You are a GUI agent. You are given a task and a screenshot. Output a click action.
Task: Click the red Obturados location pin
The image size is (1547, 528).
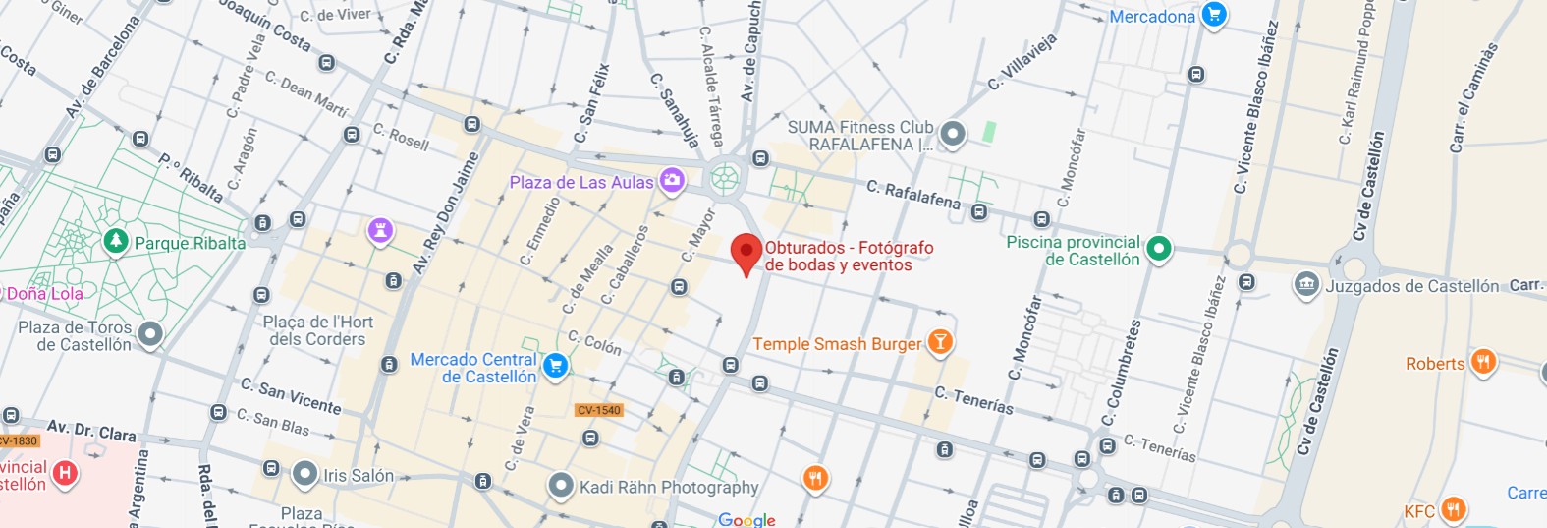[x=746, y=253]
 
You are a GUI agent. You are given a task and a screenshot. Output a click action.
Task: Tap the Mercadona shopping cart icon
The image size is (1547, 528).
[x=1214, y=16]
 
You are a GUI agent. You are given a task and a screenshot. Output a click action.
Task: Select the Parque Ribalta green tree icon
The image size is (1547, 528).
[x=116, y=241]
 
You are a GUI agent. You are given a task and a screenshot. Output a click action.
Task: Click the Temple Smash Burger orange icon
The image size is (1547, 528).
[x=940, y=341]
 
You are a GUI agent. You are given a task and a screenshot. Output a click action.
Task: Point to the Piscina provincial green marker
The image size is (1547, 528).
[x=1159, y=249]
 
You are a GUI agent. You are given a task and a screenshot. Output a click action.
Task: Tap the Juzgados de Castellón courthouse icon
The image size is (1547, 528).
[x=1306, y=285]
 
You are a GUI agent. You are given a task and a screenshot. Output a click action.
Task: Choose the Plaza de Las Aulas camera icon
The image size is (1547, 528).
[x=672, y=180]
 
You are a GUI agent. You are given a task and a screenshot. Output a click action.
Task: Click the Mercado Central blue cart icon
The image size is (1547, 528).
[x=555, y=366]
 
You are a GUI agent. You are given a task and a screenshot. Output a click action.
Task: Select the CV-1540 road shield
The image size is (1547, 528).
[x=599, y=410]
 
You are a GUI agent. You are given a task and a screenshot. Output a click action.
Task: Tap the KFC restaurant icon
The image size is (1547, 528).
[x=1453, y=509]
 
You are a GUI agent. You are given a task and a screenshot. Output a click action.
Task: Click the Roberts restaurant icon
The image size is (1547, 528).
[x=1483, y=362]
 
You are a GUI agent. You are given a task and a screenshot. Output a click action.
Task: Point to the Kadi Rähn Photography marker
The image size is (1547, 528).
[x=561, y=485]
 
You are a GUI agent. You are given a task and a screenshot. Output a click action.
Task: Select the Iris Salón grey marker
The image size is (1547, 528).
[x=305, y=474]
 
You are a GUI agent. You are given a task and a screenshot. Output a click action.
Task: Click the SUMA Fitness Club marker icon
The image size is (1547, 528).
[x=951, y=134]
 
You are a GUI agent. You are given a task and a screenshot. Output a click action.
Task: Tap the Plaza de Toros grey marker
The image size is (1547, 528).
[x=149, y=334]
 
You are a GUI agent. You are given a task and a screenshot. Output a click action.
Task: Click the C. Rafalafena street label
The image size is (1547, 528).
[x=913, y=194]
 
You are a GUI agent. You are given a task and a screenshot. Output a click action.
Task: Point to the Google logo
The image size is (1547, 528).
[x=746, y=519]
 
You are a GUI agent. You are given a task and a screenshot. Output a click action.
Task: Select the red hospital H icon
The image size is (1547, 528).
[x=65, y=473]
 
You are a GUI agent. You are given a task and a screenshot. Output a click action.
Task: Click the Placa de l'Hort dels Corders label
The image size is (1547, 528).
[x=317, y=330]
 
